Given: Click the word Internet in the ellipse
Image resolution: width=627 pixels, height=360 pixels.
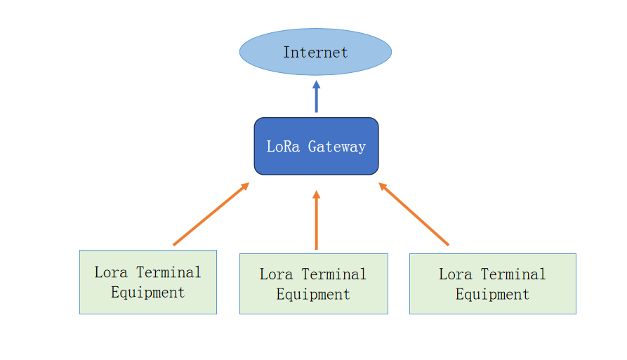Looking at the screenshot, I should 315,53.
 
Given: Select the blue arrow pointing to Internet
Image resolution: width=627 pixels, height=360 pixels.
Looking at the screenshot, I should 316,98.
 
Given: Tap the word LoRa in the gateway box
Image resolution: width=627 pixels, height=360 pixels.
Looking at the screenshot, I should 283,147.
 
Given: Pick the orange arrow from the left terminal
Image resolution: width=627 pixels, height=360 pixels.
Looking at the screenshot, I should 210,215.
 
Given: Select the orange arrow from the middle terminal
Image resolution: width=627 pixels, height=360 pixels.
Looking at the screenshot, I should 316,222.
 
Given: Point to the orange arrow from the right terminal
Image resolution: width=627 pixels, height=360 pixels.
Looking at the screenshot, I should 414,215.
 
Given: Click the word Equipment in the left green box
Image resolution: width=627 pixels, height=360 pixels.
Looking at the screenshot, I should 147,292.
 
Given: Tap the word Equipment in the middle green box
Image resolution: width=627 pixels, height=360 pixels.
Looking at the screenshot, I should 313,294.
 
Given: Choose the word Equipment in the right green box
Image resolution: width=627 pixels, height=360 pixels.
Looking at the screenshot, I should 492,294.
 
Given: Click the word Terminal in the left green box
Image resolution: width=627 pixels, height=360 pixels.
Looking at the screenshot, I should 169,272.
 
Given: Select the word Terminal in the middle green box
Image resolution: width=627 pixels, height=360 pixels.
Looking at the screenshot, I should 334,274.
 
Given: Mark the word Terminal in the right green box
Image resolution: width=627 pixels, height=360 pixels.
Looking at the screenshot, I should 513,274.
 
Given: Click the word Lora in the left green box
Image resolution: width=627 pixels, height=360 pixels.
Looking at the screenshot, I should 111,272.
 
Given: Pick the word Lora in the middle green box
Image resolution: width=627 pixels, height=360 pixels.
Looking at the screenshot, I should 276,274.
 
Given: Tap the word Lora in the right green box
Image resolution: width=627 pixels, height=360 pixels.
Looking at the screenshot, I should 455,274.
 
